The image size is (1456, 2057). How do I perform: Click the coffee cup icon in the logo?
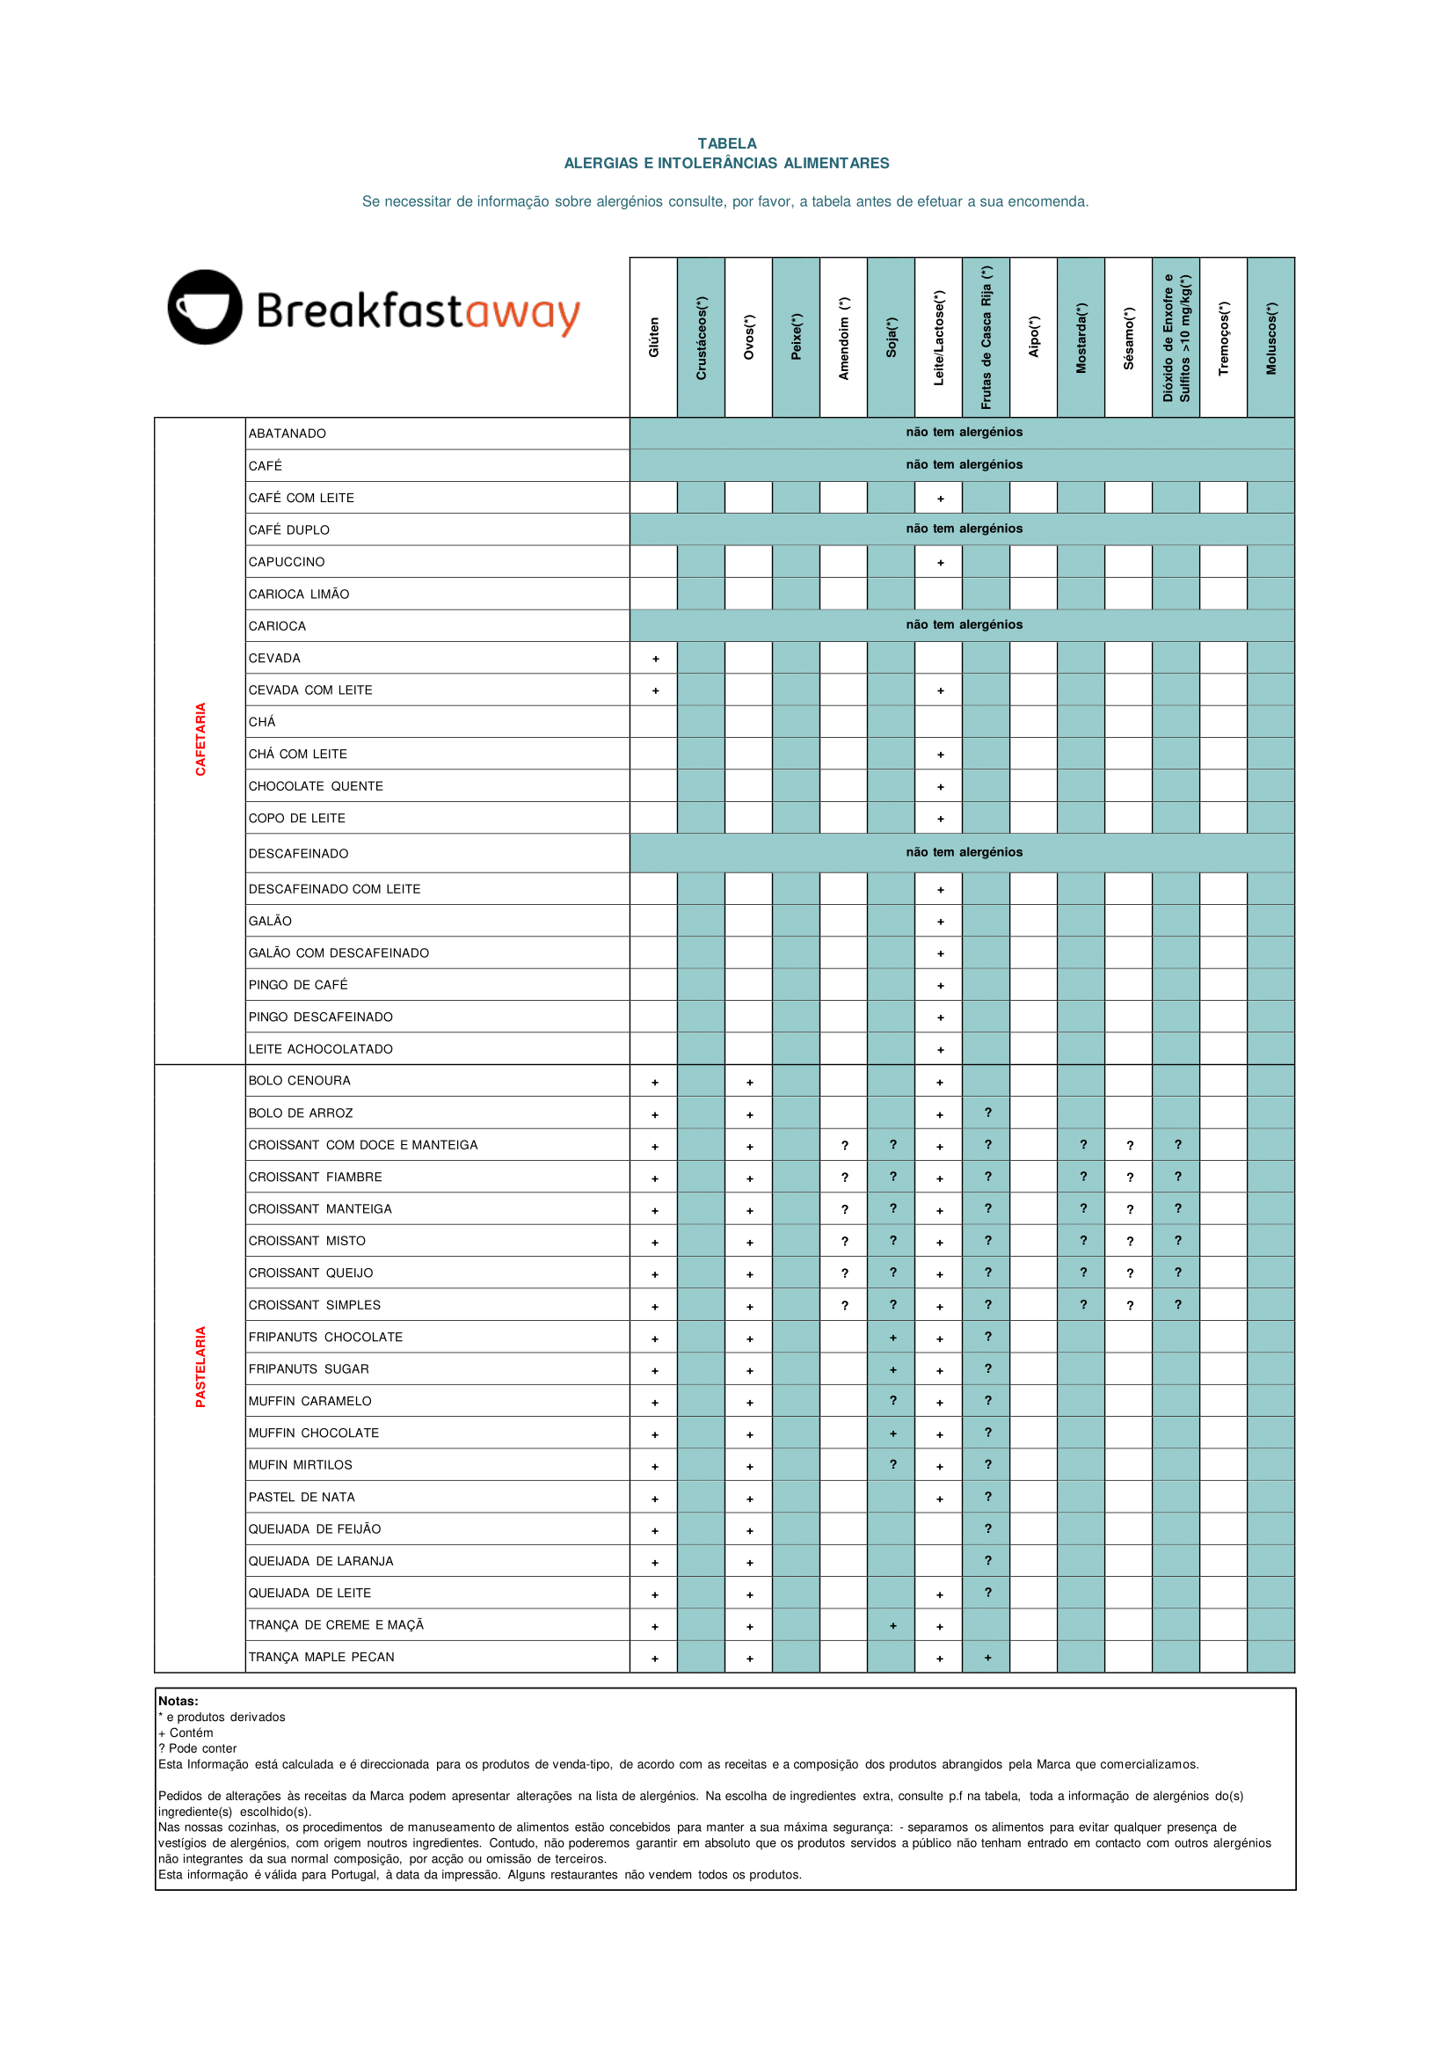(x=204, y=308)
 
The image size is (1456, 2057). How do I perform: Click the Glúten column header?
(x=653, y=337)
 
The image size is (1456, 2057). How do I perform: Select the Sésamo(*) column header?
(x=1129, y=337)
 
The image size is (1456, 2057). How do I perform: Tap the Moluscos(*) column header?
(x=1270, y=337)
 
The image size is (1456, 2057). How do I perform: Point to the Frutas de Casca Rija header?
(x=986, y=337)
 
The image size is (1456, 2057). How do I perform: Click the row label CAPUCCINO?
(x=287, y=562)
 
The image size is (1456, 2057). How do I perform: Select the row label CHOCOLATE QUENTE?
(x=316, y=786)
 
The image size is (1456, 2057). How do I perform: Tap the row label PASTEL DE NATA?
(x=302, y=1498)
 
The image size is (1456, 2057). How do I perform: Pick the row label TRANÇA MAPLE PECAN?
(x=321, y=1657)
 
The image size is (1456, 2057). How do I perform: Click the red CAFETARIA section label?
(x=200, y=739)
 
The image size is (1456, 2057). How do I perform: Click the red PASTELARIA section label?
(x=200, y=1367)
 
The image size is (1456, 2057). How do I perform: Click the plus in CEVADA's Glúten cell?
(x=655, y=659)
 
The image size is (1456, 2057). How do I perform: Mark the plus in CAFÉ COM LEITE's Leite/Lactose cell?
(x=941, y=499)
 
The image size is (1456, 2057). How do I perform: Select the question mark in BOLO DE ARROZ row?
(x=988, y=1112)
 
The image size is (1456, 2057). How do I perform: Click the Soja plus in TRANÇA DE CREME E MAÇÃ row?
(x=893, y=1626)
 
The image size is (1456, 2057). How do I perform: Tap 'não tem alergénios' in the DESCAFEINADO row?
(x=964, y=852)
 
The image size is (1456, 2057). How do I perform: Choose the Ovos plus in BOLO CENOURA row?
(x=750, y=1083)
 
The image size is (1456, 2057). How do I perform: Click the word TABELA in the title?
(x=727, y=143)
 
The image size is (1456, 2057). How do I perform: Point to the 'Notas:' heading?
(x=178, y=1701)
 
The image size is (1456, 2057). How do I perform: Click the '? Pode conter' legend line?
(x=198, y=1748)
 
